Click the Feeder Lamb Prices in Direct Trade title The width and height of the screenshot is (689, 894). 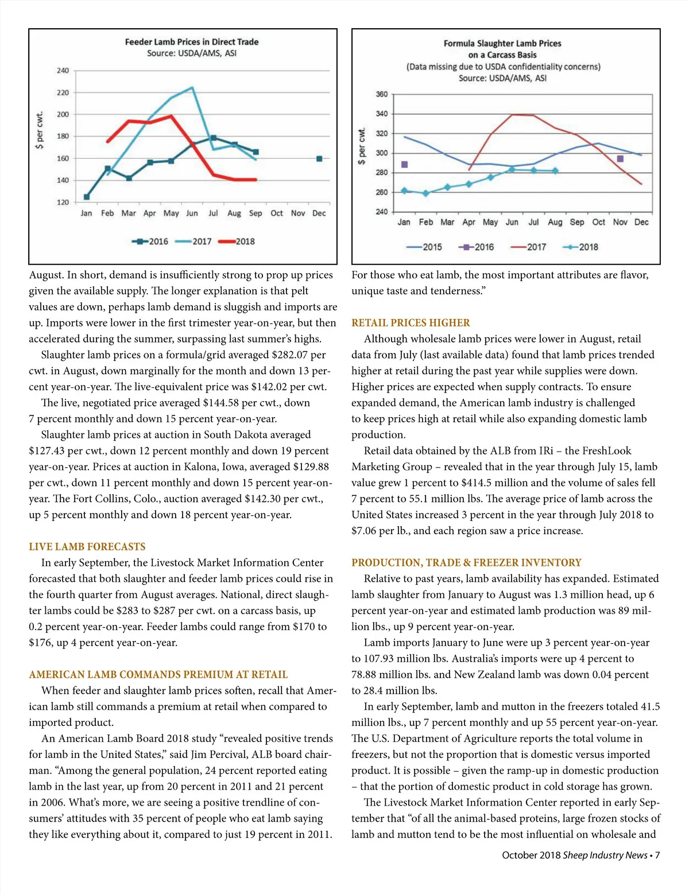tap(192, 42)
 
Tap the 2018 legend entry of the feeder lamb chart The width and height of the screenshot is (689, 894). tap(237, 242)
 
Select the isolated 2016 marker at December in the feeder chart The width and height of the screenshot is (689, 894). tap(319, 159)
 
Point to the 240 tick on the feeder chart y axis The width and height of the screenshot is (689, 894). tap(63, 71)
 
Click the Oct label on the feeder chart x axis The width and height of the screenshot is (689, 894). tap(277, 213)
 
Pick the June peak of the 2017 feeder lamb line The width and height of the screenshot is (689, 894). tap(192, 88)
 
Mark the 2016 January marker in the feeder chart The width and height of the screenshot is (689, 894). tap(86, 197)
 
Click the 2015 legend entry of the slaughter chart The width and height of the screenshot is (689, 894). tap(424, 247)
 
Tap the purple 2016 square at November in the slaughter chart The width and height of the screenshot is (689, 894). tap(620, 159)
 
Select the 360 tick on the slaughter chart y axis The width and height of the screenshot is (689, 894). tap(382, 94)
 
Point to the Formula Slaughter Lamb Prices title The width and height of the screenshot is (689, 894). tap(502, 44)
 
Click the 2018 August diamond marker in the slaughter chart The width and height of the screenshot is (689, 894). tap(555, 170)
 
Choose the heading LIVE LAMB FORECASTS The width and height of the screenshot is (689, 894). tap(87, 547)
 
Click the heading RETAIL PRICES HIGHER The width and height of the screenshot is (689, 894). tap(411, 323)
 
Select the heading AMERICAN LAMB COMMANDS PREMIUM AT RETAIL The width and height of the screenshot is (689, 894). tap(158, 675)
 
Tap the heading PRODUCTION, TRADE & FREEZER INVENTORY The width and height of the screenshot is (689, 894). tap(466, 563)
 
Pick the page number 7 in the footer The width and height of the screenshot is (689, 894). tap(657, 855)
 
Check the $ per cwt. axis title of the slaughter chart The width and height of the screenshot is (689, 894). tap(361, 146)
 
